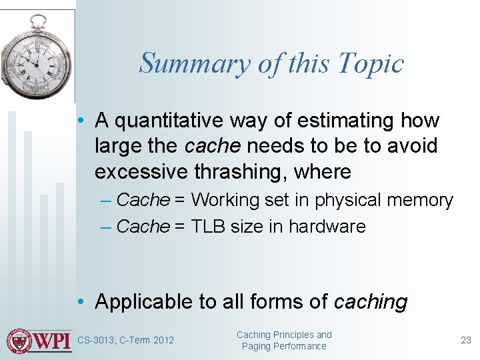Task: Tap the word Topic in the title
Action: (x=371, y=64)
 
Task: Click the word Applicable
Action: (x=143, y=301)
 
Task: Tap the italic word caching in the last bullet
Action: (x=371, y=301)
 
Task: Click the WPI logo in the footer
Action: (x=38, y=341)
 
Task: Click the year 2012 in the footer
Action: (x=163, y=341)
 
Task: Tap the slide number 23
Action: (x=466, y=340)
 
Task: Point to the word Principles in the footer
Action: (x=294, y=335)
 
